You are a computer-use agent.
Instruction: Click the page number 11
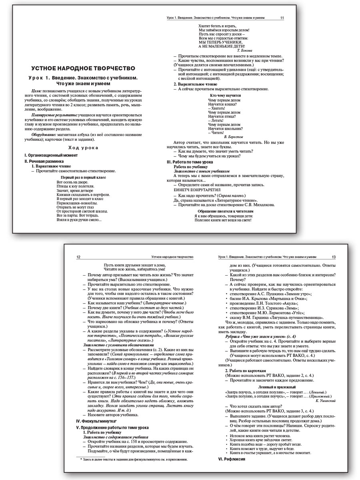(282, 18)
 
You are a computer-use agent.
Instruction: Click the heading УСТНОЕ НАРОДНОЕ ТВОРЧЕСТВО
(83, 68)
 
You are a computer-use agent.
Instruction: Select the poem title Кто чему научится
(225, 96)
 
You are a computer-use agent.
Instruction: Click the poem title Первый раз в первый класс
(83, 177)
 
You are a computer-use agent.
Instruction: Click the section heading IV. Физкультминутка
(96, 421)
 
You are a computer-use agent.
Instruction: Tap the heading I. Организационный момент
(50, 155)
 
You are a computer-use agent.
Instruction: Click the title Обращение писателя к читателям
(226, 210)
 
